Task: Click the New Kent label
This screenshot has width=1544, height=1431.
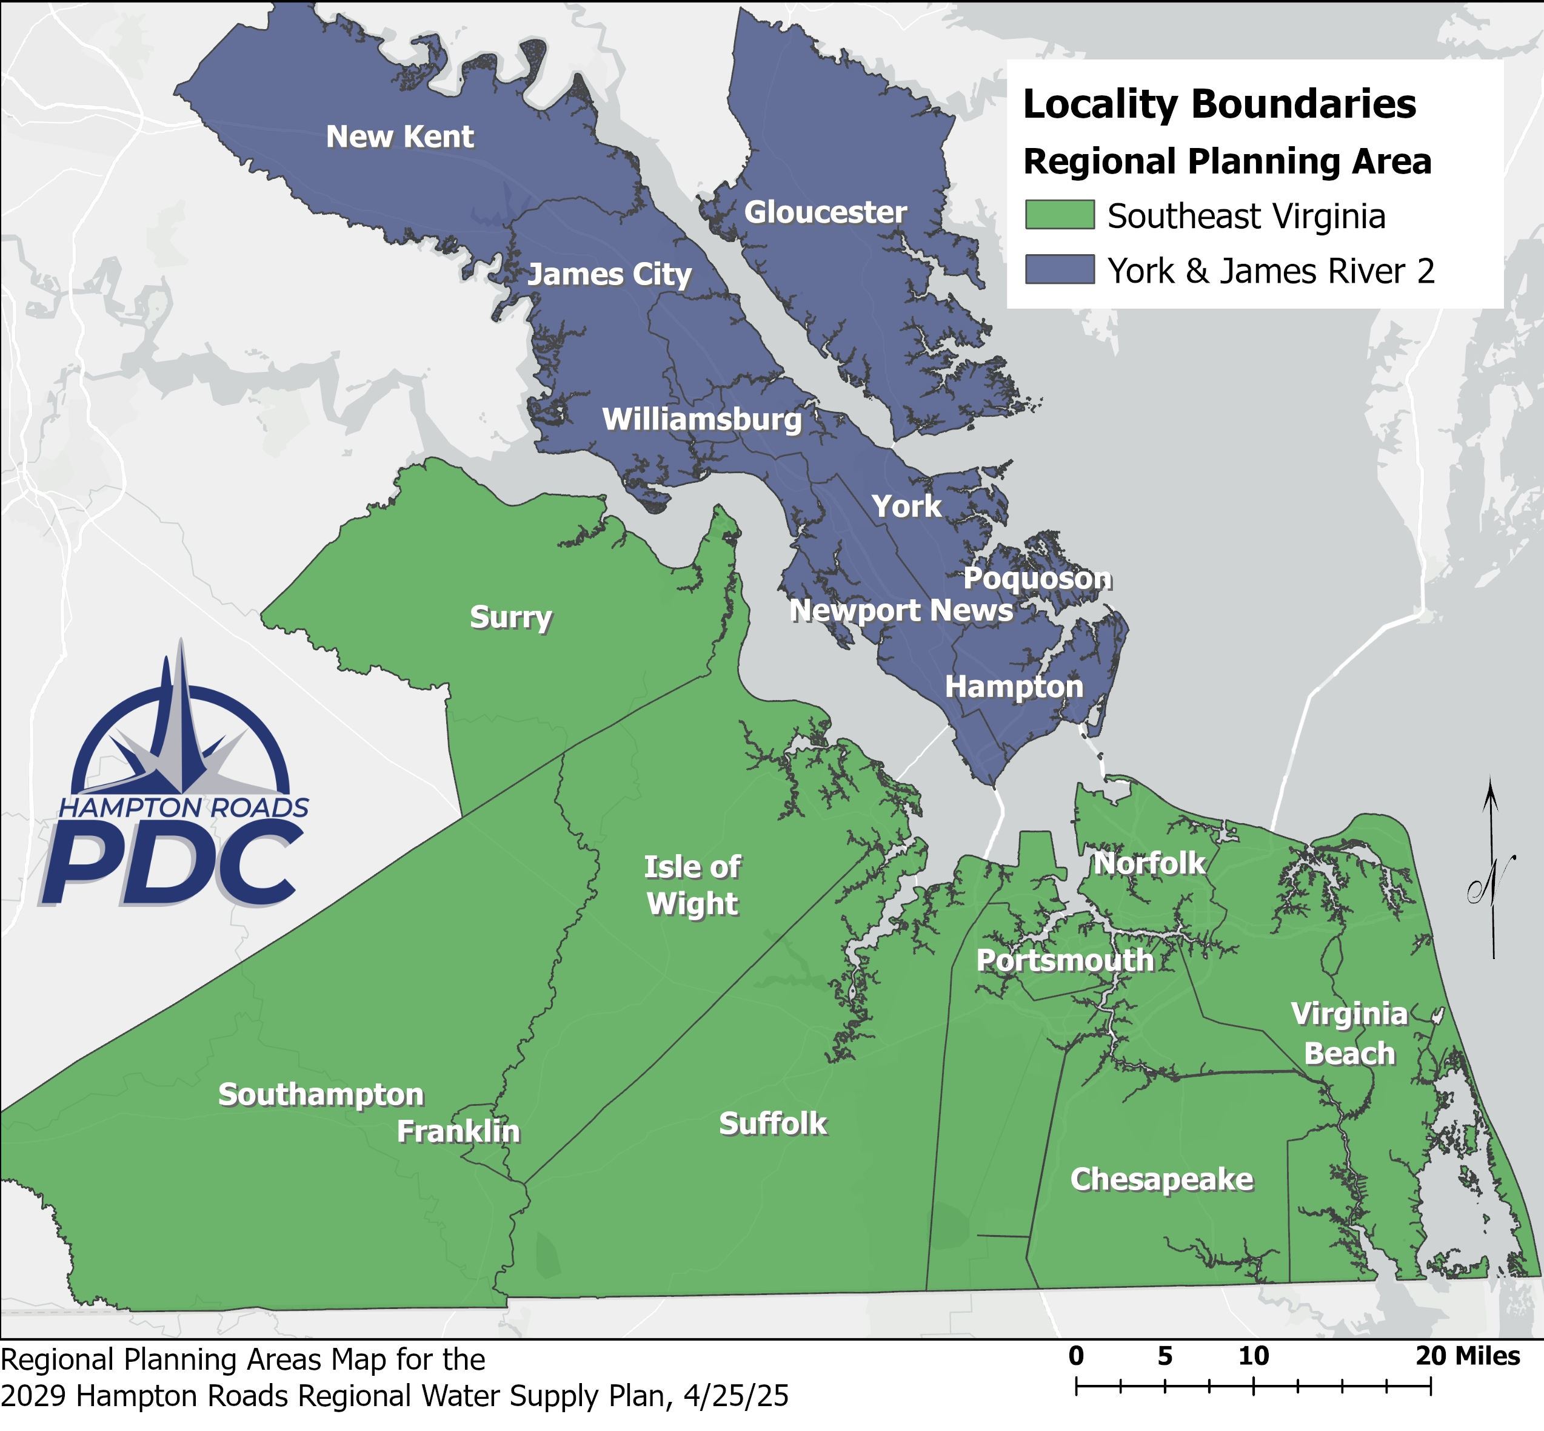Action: pos(399,137)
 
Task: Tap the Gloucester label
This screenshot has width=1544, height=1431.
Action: pos(825,212)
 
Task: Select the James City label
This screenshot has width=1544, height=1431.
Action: pos(609,274)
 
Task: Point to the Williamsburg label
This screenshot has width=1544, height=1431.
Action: pos(702,420)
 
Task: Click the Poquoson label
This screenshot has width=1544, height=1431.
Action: pos(1037,579)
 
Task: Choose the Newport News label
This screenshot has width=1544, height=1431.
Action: pos(901,611)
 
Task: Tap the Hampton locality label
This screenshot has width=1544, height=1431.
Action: pos(1014,687)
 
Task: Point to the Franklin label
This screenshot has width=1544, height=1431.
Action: pos(458,1131)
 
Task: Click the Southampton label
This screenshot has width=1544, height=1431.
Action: pos(321,1095)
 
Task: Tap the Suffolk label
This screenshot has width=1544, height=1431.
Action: pos(773,1123)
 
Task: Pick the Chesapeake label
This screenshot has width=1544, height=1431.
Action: pos(1161,1179)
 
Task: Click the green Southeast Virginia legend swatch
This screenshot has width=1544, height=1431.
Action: pos(1060,215)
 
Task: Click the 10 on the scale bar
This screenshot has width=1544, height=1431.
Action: pos(1254,1356)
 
